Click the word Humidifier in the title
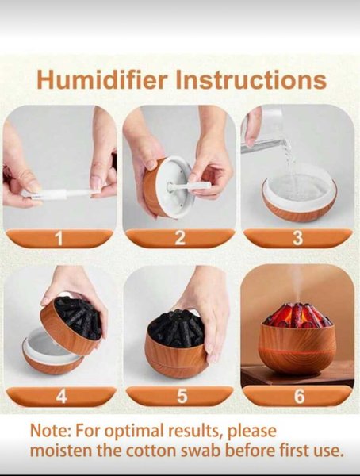pyautogui.click(x=102, y=79)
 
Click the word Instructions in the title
pyautogui.click(x=251, y=79)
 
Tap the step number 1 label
pyautogui.click(x=59, y=238)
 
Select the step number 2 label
pyautogui.click(x=180, y=238)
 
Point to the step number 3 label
pyautogui.click(x=298, y=238)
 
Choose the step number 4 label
pyautogui.click(x=61, y=397)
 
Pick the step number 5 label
pyautogui.click(x=182, y=397)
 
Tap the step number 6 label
pyautogui.click(x=299, y=397)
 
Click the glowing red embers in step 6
pyautogui.click(x=297, y=315)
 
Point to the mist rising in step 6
pyautogui.click(x=296, y=286)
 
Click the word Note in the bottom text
pyautogui.click(x=50, y=431)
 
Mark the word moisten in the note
pyautogui.click(x=61, y=451)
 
